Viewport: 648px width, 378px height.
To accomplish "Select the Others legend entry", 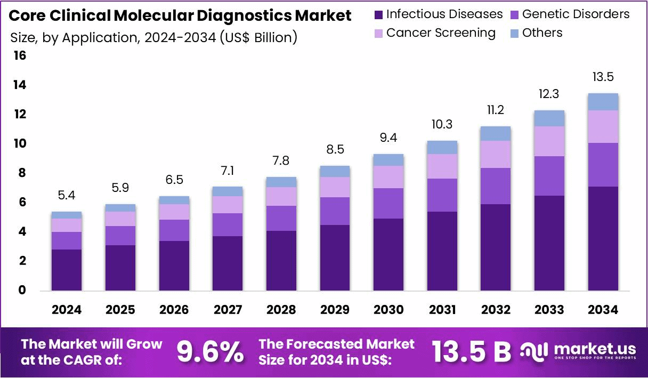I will [542, 33].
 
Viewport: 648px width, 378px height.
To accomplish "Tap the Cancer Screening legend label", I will [441, 33].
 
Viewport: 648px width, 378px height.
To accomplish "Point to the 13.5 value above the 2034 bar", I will [603, 77].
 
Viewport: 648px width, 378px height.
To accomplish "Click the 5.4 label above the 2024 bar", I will [66, 196].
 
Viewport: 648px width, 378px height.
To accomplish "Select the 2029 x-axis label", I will [335, 310].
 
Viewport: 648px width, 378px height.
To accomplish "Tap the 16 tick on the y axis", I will [19, 56].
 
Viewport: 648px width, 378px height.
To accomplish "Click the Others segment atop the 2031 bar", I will [442, 147].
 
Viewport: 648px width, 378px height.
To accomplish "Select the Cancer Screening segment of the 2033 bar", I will [549, 141].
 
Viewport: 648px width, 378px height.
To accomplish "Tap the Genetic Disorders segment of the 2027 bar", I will [228, 224].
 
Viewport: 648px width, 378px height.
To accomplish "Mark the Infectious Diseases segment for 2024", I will [66, 270].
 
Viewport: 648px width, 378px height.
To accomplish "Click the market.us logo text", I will [595, 349].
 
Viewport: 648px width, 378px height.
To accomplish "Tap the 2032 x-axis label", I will [496, 310].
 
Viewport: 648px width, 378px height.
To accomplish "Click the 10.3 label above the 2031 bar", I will [442, 124].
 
